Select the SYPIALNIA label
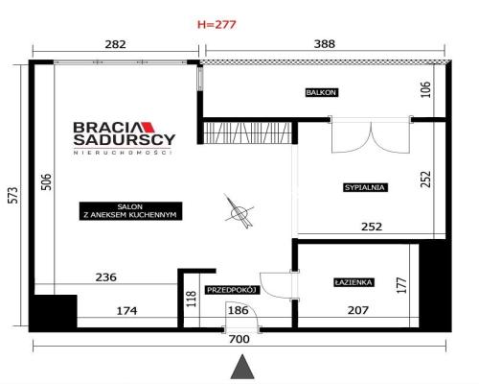point(364,188)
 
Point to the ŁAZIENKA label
point(354,282)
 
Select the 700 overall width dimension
point(239,339)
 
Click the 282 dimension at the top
point(114,43)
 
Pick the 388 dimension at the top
point(324,43)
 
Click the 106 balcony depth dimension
point(426,90)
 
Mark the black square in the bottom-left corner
point(53,312)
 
